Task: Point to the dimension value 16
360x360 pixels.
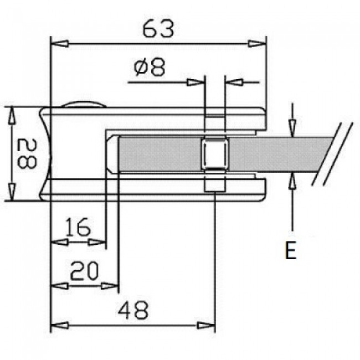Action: [x=77, y=227]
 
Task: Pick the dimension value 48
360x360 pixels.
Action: [x=132, y=311]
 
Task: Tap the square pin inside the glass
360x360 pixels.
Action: [x=214, y=154]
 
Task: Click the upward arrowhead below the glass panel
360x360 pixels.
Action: [x=292, y=181]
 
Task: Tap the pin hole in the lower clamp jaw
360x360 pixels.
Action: [x=214, y=186]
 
